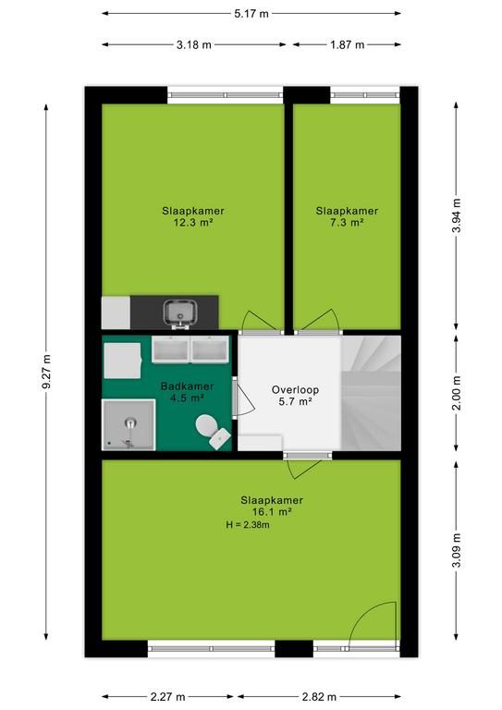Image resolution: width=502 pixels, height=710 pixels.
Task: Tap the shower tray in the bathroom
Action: coord(129,424)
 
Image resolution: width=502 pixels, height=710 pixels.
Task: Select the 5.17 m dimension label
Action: coord(251,14)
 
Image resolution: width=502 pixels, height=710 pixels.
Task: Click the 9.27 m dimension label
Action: coord(46,373)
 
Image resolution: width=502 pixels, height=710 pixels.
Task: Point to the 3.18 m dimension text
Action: coord(194,44)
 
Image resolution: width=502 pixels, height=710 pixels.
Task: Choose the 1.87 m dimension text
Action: coord(348,44)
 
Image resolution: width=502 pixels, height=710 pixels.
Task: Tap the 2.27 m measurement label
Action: coord(167,696)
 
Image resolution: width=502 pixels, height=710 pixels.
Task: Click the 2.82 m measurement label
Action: coord(319,696)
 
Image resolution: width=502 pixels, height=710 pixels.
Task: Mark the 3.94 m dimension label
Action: coord(457,215)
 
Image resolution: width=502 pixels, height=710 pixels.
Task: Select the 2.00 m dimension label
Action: coord(457,393)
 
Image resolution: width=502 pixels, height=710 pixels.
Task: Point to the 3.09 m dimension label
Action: coord(457,550)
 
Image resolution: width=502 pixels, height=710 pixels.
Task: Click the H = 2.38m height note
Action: coord(248,525)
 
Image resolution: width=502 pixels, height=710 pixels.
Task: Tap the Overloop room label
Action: coord(295,389)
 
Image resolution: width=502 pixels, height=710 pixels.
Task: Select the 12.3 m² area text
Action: coord(193,222)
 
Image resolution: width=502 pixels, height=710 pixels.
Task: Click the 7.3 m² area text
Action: coord(348,222)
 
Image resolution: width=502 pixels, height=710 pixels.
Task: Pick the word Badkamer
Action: coord(187,386)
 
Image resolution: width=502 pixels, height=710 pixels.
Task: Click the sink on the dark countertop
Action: coord(180,312)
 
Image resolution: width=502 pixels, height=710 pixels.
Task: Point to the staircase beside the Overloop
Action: coord(371,393)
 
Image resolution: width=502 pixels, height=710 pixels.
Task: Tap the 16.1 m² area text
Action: coord(272,512)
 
